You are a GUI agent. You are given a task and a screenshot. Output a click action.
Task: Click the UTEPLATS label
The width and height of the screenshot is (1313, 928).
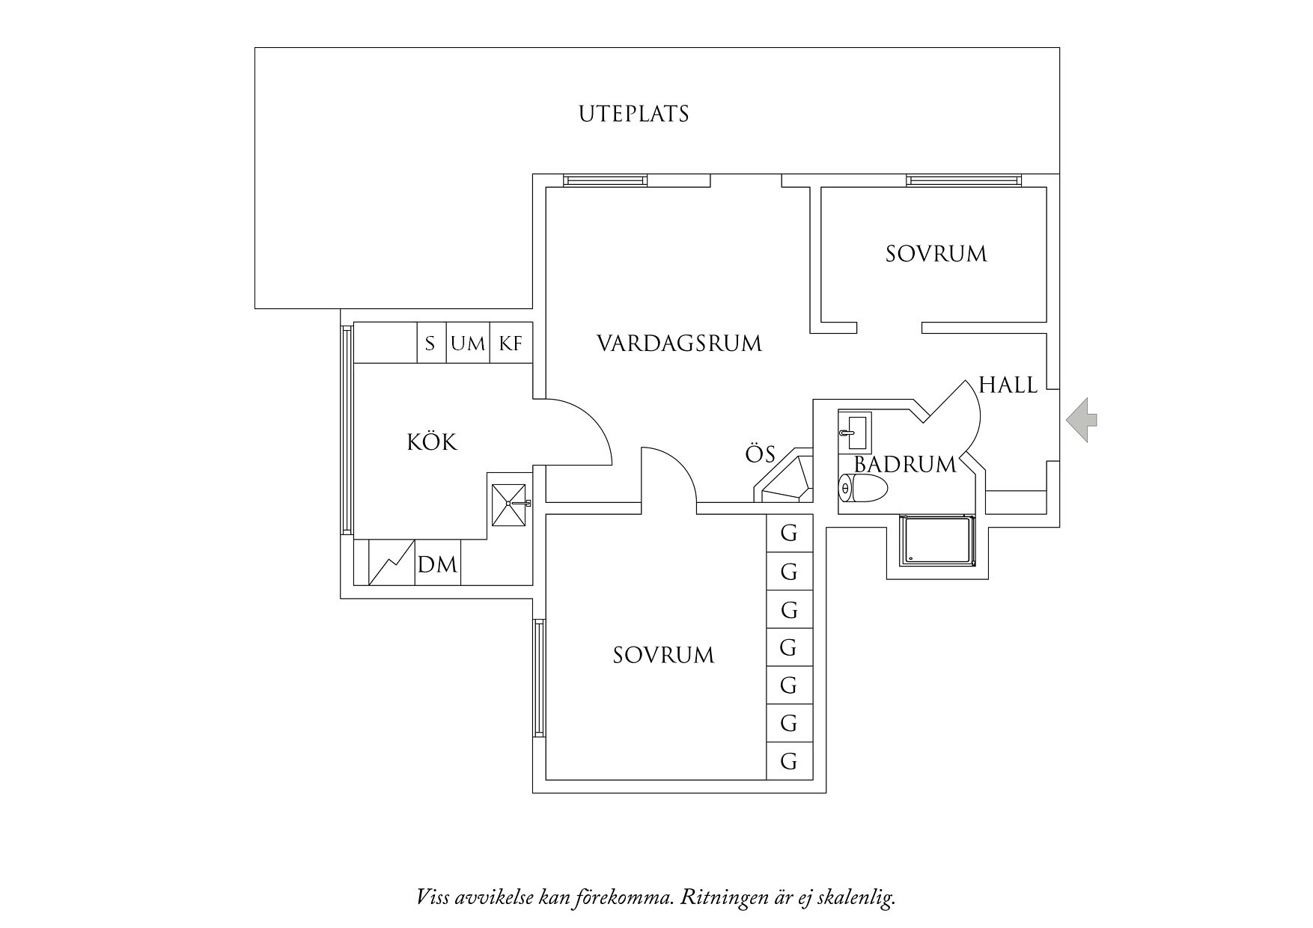[x=633, y=115]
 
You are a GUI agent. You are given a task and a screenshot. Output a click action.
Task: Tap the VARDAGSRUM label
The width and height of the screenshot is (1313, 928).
[x=679, y=344]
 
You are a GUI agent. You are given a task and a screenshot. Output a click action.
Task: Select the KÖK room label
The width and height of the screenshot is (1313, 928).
[x=432, y=442]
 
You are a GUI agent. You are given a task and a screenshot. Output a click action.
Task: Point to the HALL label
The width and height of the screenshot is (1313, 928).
[x=1008, y=385]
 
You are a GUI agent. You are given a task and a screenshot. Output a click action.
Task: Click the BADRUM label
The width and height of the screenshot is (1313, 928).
[x=905, y=465]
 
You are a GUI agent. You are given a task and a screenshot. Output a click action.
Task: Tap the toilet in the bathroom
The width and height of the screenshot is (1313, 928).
[x=862, y=489]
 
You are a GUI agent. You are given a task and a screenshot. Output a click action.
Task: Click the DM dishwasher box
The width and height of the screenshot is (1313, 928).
[x=437, y=564]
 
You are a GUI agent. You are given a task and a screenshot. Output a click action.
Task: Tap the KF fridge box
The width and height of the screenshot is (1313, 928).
[x=511, y=344]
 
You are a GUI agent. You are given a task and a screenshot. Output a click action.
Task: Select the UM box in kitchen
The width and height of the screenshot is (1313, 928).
[x=468, y=344]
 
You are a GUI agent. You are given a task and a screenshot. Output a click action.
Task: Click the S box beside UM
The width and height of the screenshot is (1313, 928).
[x=430, y=344]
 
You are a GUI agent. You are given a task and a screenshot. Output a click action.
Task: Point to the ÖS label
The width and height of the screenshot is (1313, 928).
[x=760, y=454]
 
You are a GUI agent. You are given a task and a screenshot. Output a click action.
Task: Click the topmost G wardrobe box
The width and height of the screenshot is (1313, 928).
[x=789, y=534]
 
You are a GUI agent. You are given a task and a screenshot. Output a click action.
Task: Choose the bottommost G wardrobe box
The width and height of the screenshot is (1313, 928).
[x=789, y=761]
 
